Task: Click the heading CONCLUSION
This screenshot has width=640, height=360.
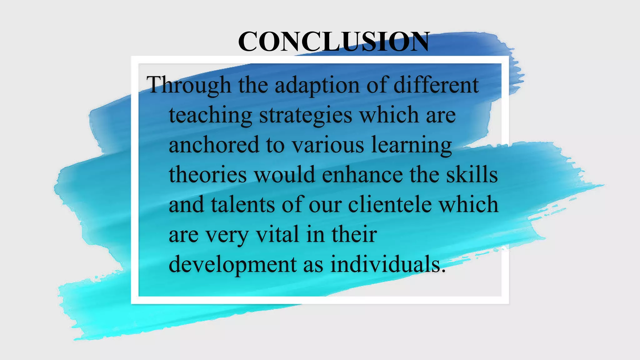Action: [x=334, y=41]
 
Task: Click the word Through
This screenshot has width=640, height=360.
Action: [x=189, y=85]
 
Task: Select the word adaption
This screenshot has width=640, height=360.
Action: [x=317, y=85]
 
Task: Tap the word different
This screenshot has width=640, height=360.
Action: [x=436, y=85]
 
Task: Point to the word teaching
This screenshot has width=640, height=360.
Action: [x=210, y=115]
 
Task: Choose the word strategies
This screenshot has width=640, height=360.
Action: [x=306, y=115]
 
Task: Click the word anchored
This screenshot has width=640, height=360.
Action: [x=214, y=145]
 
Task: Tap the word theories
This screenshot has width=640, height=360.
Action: [x=208, y=174]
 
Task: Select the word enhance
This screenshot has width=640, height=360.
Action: [x=362, y=174]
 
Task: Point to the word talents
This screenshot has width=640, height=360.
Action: [x=243, y=204]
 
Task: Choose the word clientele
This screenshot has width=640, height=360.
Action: [x=390, y=204]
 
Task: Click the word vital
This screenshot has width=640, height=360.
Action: [x=277, y=234]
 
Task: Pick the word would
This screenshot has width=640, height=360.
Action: [x=284, y=174]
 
